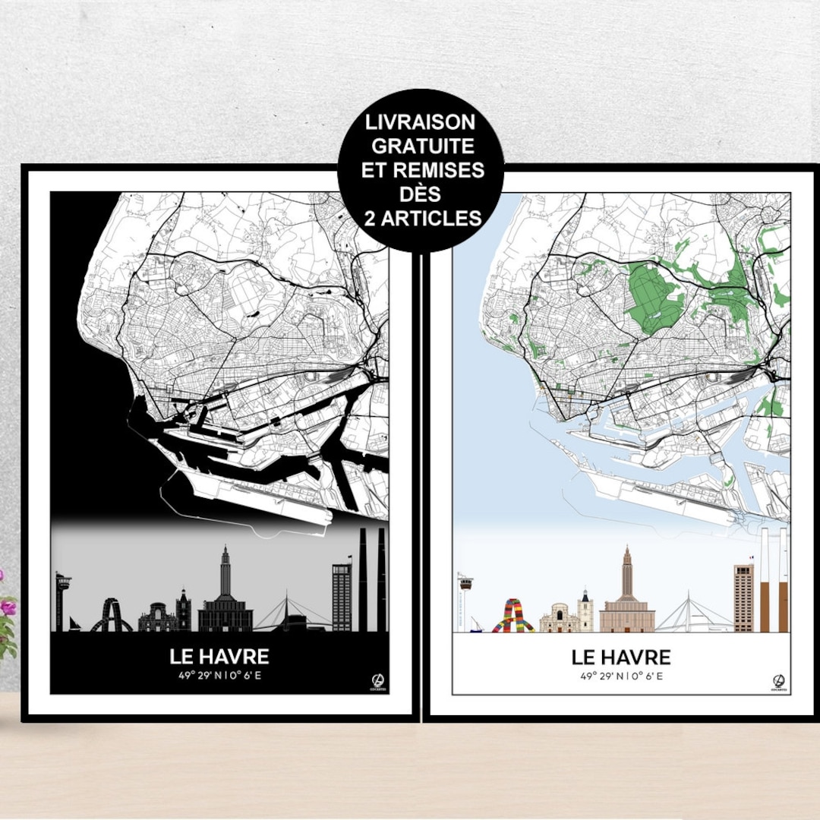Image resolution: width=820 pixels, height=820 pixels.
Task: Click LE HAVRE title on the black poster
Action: [x=219, y=656]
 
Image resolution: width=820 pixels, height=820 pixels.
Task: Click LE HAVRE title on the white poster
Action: [x=621, y=656]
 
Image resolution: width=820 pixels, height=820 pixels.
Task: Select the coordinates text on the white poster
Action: [x=621, y=675]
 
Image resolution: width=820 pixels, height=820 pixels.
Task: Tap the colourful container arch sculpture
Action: [x=512, y=616]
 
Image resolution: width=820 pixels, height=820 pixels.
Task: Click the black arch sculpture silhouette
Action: [x=111, y=616]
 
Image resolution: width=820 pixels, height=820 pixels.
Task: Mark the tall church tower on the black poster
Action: [x=225, y=577]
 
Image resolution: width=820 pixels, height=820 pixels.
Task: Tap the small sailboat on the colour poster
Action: [x=475, y=626]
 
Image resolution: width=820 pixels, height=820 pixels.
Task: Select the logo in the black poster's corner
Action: [x=374, y=680]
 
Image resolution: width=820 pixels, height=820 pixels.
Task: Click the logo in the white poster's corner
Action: [x=777, y=680]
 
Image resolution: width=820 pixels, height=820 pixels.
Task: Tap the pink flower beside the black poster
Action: [x=8, y=607]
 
